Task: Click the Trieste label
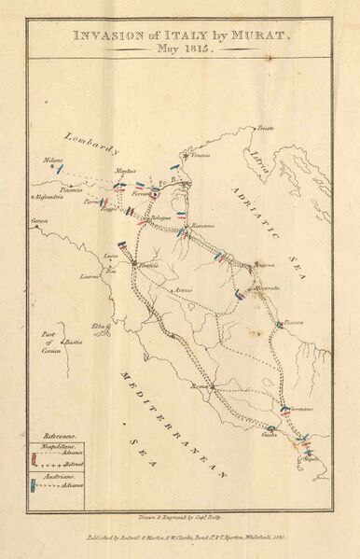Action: (267, 126)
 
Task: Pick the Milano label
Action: (52, 161)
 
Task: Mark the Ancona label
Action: (263, 265)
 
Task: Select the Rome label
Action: (198, 384)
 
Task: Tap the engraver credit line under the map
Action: (179, 514)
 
